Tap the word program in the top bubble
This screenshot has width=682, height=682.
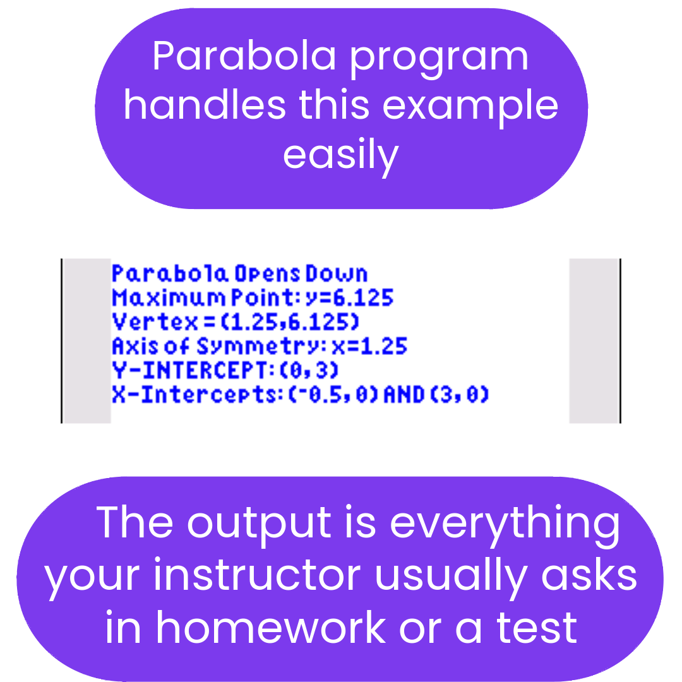click(440, 60)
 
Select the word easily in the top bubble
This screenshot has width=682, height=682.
click(340, 157)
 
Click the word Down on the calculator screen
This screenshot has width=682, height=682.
click(337, 273)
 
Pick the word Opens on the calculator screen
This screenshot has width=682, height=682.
click(268, 275)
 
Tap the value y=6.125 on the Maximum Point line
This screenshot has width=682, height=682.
click(349, 298)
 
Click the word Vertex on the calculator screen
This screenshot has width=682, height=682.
click(155, 322)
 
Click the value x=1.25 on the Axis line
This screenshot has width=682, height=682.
click(369, 346)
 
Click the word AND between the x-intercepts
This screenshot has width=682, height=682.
click(404, 395)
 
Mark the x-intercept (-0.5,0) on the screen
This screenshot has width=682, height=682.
click(333, 395)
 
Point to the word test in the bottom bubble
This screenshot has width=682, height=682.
click(537, 628)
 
